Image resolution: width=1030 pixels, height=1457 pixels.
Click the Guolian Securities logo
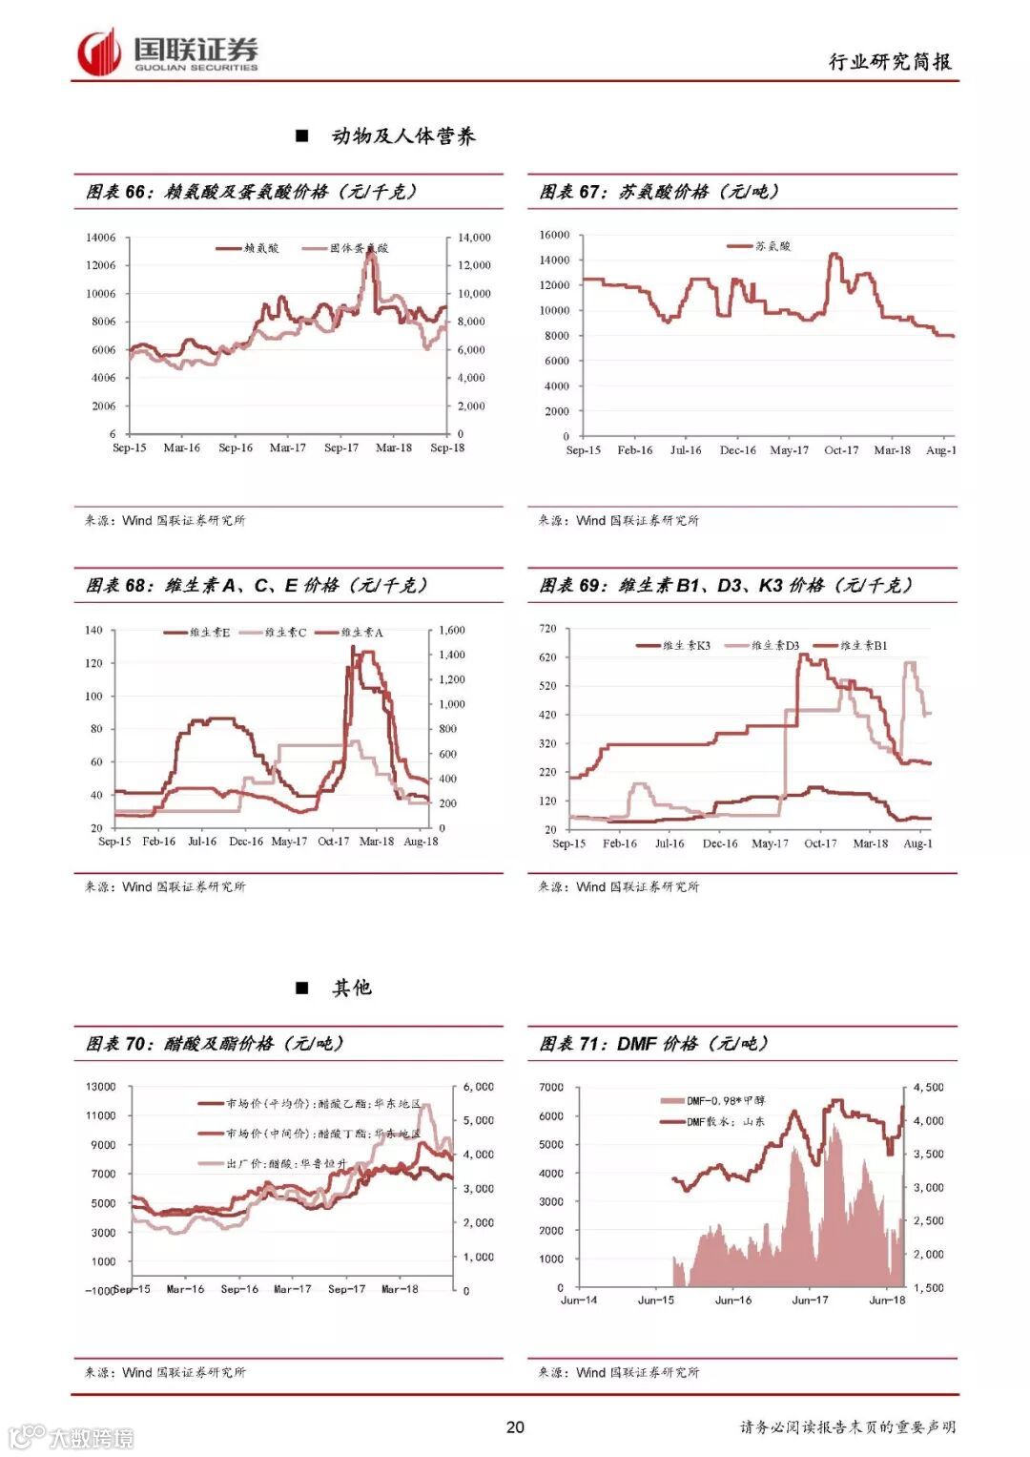(168, 52)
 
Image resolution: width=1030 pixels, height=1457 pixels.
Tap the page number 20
(515, 1426)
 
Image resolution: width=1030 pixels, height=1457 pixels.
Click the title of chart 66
(252, 192)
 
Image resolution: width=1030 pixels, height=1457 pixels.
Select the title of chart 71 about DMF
(653, 1044)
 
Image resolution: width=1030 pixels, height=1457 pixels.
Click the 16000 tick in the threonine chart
(554, 235)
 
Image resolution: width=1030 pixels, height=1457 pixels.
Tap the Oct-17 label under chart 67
(840, 450)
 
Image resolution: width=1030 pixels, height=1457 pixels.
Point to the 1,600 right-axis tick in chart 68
(452, 631)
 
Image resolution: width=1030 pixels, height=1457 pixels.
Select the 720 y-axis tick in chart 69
(547, 629)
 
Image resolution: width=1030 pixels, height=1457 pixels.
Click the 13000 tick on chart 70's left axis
(100, 1087)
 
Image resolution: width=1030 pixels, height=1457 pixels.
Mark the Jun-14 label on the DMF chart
(579, 1301)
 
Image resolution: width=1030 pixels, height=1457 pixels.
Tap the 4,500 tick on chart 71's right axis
(929, 1088)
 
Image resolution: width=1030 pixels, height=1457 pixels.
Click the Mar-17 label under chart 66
(287, 448)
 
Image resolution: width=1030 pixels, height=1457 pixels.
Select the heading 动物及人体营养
(403, 136)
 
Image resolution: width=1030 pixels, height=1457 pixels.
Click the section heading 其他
(351, 989)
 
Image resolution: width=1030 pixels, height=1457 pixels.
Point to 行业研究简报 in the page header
(890, 62)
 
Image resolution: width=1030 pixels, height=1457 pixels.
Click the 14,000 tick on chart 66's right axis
(474, 238)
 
